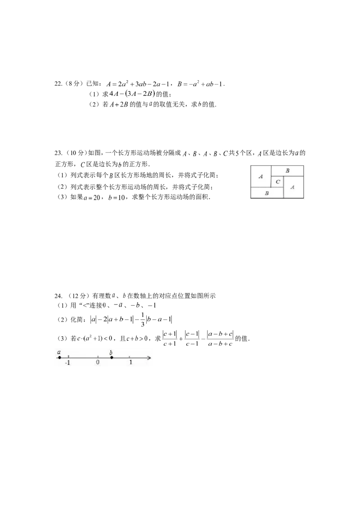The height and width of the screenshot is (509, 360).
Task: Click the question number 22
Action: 58,84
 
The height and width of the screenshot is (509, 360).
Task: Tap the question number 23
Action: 58,153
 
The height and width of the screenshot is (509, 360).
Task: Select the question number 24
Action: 58,296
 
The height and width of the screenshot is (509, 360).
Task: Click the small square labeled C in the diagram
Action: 277,182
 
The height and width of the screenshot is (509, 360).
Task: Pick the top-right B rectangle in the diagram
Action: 288,171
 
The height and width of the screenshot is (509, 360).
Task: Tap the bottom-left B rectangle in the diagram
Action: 267,193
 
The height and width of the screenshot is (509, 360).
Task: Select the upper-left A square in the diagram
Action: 261,177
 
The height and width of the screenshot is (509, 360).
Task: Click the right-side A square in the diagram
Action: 294,188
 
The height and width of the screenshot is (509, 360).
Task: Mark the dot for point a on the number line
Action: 59,358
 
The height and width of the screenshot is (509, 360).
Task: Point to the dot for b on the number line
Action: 112,358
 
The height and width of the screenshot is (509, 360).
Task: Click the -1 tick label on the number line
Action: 67,362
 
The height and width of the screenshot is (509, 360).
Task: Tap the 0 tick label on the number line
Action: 98,362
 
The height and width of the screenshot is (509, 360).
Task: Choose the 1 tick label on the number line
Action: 130,362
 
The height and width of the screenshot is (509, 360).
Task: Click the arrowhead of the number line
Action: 149,358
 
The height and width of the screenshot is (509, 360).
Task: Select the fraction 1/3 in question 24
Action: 142,320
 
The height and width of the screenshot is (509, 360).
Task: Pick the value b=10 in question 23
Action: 117,197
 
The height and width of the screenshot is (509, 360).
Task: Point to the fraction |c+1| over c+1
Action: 170,339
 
